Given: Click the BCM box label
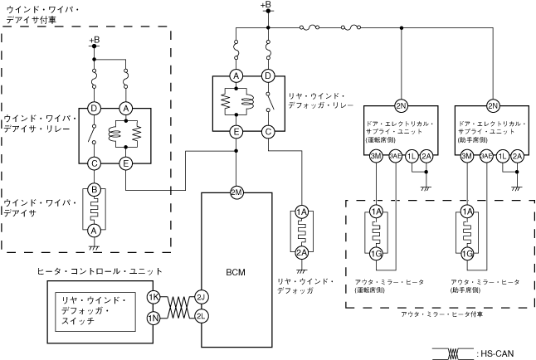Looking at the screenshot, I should (x=236, y=272).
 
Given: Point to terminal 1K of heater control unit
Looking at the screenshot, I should (x=153, y=296).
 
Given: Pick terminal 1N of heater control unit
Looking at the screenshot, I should (x=153, y=319).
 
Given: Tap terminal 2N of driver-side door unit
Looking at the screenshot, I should (x=401, y=106).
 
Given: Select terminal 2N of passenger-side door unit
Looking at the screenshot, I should (x=493, y=106).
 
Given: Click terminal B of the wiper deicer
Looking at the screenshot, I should (x=94, y=190).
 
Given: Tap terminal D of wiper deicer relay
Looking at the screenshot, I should (x=94, y=108).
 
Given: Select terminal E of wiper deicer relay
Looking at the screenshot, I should (x=126, y=163).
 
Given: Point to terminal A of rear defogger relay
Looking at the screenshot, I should (x=236, y=76).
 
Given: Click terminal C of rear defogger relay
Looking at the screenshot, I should (x=268, y=131).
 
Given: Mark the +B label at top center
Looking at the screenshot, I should (x=266, y=6).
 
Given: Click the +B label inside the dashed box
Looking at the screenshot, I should (x=94, y=40).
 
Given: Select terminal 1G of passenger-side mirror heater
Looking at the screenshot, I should (x=467, y=252).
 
